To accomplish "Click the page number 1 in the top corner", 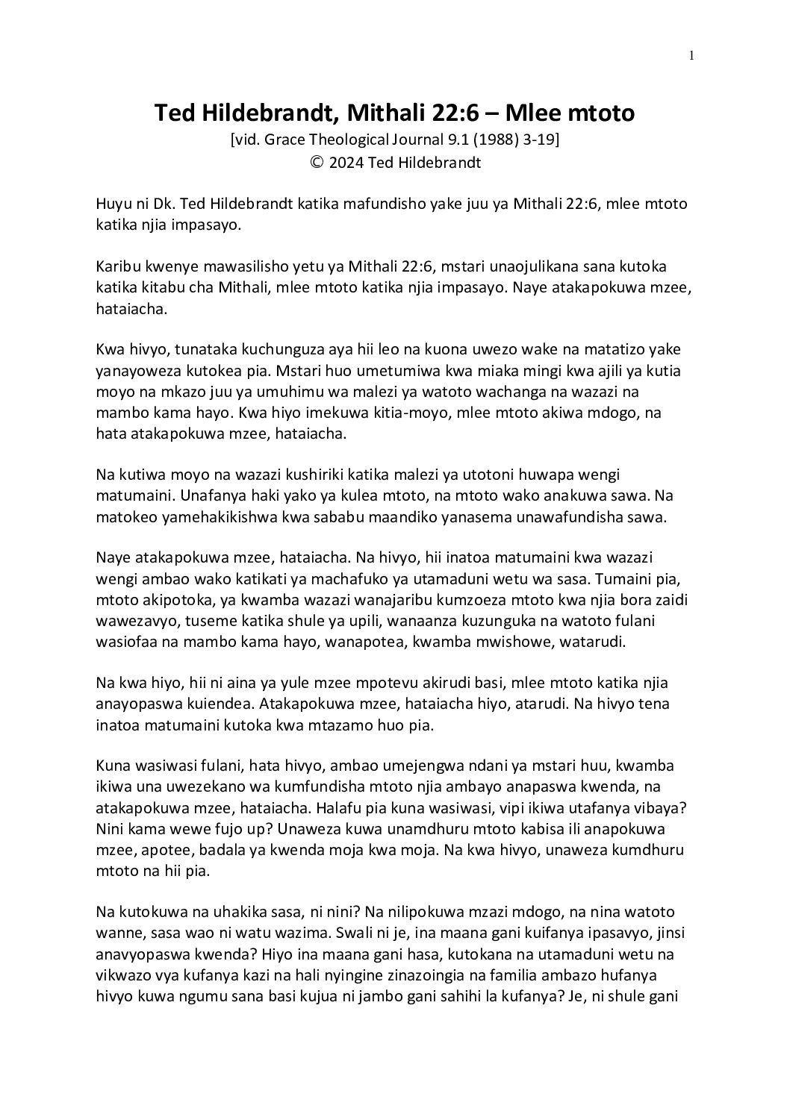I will (x=692, y=54).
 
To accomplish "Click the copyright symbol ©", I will (x=316, y=163).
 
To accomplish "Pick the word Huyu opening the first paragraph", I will (x=113, y=204).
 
